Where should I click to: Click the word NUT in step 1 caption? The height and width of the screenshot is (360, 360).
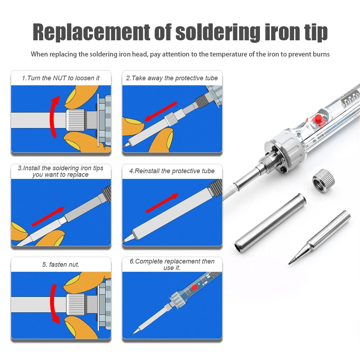[x=60, y=78]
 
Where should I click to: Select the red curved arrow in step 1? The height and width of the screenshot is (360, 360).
[x=54, y=117]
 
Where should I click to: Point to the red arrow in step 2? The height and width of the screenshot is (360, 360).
[x=161, y=112]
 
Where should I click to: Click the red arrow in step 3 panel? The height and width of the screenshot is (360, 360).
[x=48, y=217]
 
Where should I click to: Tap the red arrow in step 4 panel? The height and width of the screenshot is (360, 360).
[x=162, y=203]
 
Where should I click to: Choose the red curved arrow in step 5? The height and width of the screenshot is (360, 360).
[x=54, y=304]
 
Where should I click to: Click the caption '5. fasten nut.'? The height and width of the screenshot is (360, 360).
[x=61, y=265]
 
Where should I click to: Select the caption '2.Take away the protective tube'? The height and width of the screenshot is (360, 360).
[x=172, y=78]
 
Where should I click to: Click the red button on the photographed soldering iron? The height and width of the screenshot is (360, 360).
[x=318, y=119]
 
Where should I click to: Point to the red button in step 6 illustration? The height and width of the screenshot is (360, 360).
[x=194, y=287]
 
